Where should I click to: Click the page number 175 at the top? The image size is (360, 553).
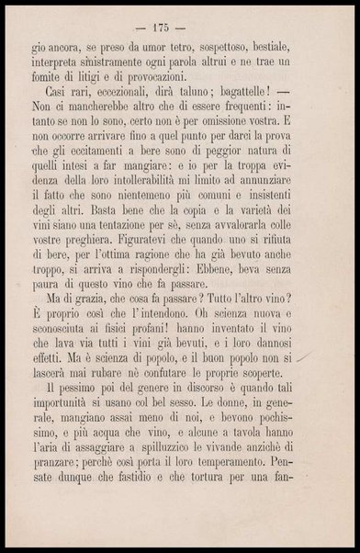coord(180,19)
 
